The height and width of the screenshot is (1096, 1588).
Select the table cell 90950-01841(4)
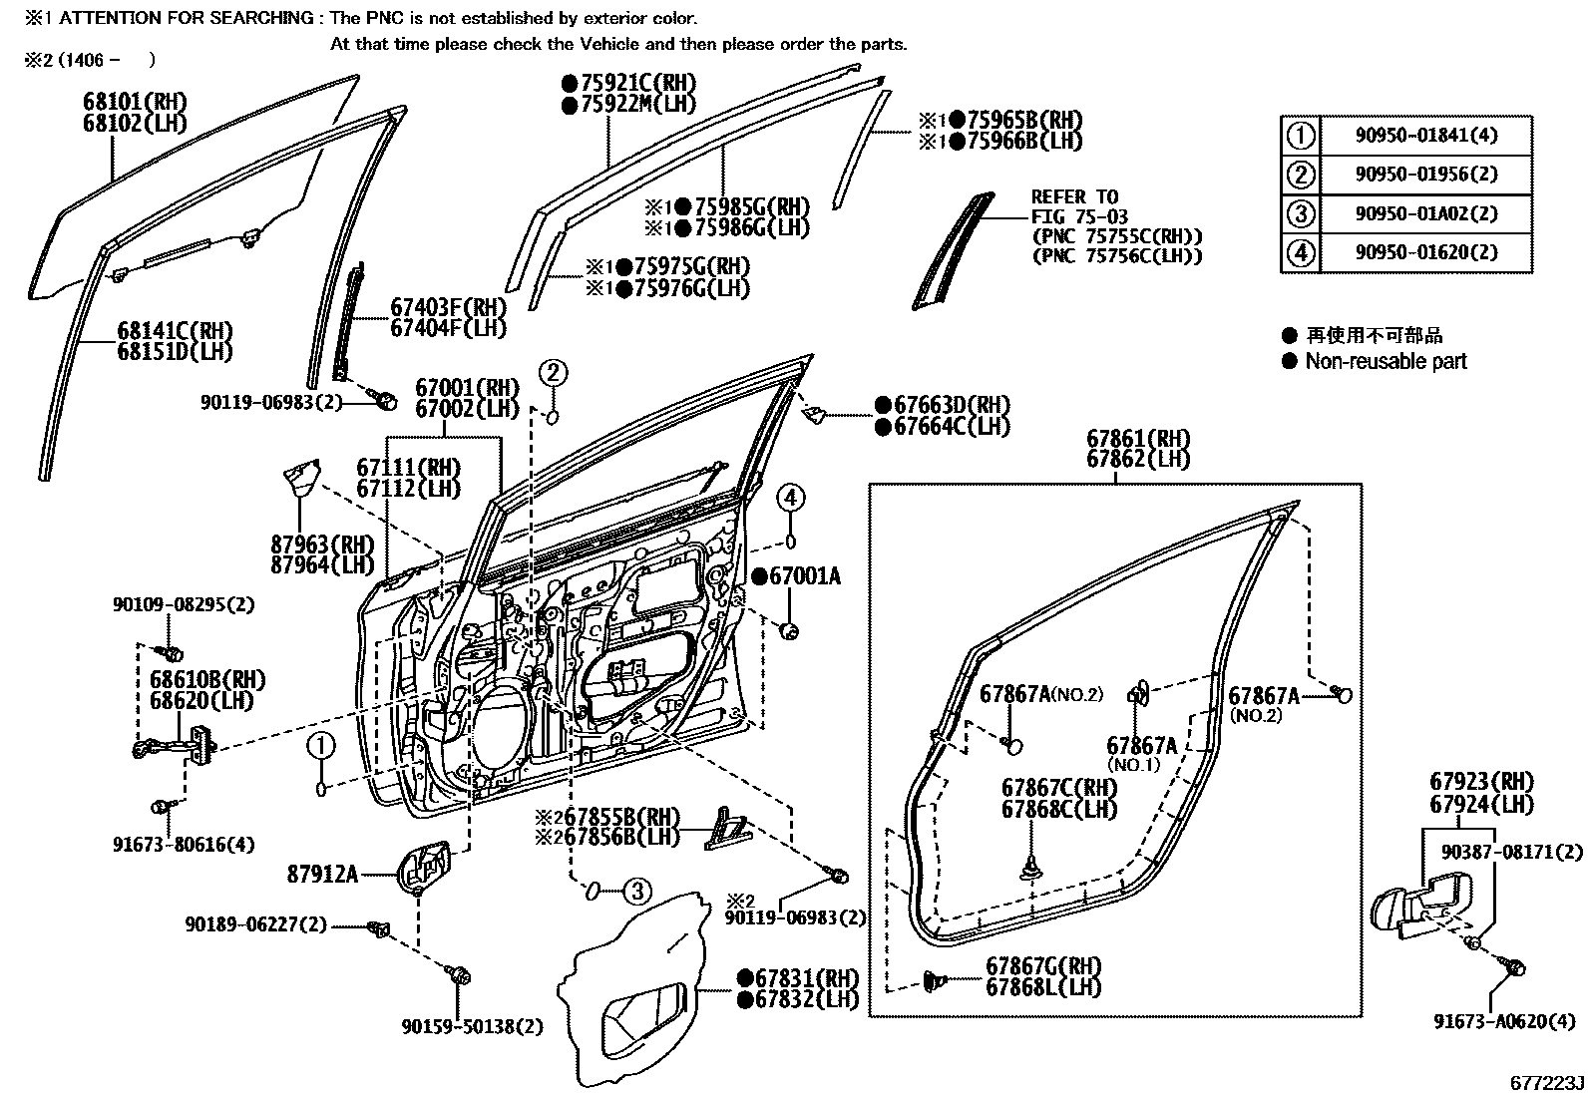click(1425, 136)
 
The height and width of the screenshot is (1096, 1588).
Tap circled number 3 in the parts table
click(1301, 213)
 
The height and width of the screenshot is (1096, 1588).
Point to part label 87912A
click(322, 874)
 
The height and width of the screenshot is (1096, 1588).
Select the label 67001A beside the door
click(803, 575)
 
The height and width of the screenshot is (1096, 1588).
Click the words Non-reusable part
click(1386, 361)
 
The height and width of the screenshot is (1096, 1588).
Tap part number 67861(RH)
click(1138, 438)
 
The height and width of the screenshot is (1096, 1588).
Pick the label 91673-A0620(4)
click(1495, 1020)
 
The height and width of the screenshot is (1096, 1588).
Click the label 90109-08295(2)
click(169, 604)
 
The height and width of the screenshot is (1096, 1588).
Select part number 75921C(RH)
click(636, 83)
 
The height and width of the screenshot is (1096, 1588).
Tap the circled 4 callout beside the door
click(790, 497)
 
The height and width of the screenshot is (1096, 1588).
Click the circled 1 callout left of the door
click(320, 744)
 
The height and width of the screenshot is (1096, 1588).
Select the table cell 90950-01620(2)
click(1425, 252)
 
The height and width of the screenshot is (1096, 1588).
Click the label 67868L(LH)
click(1043, 987)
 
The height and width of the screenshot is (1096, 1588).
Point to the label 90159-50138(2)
click(472, 1025)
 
